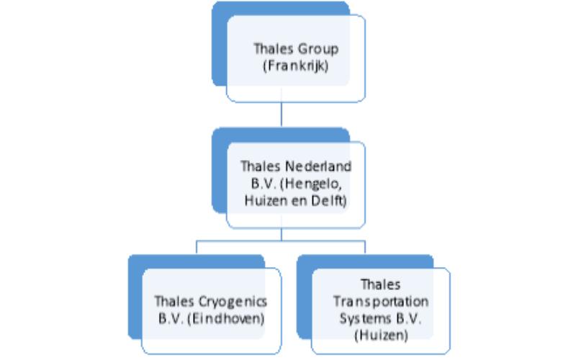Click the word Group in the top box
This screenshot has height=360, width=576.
[x=318, y=49]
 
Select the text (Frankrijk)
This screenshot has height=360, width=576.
[x=296, y=66]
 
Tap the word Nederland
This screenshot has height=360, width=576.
[x=318, y=166]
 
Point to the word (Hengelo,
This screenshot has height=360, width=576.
[x=311, y=184]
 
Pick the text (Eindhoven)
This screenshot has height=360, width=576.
[x=225, y=318]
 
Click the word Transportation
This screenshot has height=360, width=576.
[x=381, y=302]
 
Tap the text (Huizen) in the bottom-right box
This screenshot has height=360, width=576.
[x=382, y=335]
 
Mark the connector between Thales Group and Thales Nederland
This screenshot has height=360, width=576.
[x=282, y=114]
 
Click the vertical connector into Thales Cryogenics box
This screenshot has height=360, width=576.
[x=197, y=247]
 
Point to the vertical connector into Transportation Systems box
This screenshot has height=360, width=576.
[x=365, y=247]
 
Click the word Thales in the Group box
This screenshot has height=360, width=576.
[x=274, y=49]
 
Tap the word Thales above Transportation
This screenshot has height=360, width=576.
[x=381, y=284]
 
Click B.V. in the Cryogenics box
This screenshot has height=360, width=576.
[x=171, y=318]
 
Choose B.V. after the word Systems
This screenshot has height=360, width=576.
[x=408, y=318]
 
